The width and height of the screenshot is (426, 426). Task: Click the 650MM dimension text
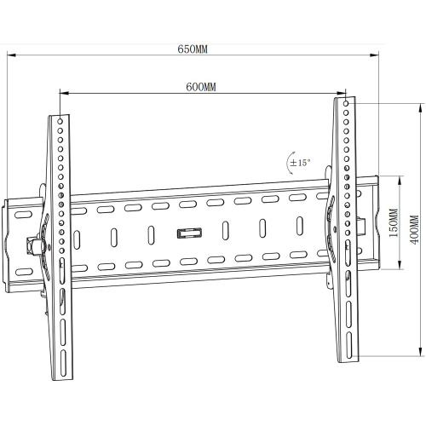tap(192, 49)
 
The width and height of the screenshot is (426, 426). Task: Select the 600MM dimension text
tap(200, 87)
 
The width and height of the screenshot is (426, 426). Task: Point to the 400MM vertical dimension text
tap(414, 228)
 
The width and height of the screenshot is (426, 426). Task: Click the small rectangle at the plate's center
tap(187, 232)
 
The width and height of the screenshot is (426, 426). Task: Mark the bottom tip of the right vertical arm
tap(350, 357)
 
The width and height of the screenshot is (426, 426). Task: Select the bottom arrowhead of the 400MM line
tap(422, 355)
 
